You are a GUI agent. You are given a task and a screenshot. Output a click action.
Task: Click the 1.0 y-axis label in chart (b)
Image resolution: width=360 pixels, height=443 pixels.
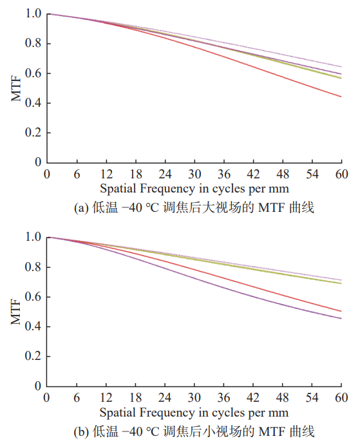[33, 237]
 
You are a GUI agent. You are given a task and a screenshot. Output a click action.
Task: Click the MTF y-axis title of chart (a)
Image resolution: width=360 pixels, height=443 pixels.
[16, 88]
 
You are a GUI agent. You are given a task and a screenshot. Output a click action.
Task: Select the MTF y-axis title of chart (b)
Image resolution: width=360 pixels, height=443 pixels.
[16, 312]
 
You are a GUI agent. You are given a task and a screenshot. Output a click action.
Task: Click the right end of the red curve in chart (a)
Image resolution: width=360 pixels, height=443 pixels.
[341, 97]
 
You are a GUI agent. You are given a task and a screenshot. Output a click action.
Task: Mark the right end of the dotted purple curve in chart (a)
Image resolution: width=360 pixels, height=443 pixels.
[341, 67]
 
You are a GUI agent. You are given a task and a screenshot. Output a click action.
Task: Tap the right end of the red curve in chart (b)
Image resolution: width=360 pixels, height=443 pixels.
[341, 312]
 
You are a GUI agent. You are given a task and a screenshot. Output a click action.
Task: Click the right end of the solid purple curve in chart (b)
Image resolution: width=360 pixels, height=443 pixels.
[341, 319]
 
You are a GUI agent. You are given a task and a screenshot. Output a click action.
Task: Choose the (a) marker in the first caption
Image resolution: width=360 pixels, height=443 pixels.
[81, 208]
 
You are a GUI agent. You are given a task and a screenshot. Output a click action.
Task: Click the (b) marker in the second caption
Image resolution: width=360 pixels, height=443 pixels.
[81, 432]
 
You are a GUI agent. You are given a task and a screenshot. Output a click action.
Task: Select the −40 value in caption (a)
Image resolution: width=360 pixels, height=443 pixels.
[132, 208]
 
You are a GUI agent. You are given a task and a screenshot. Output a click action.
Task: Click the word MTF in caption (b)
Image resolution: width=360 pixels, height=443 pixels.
[272, 432]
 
